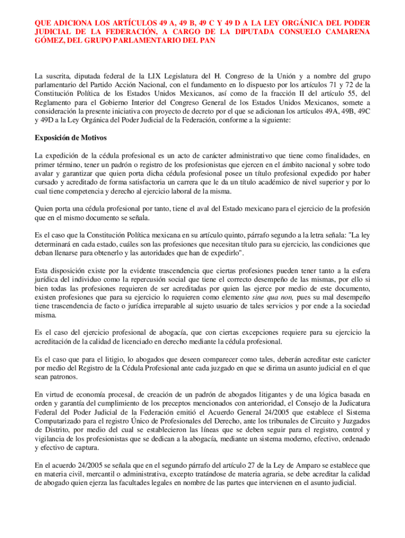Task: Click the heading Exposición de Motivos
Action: [70, 138]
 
